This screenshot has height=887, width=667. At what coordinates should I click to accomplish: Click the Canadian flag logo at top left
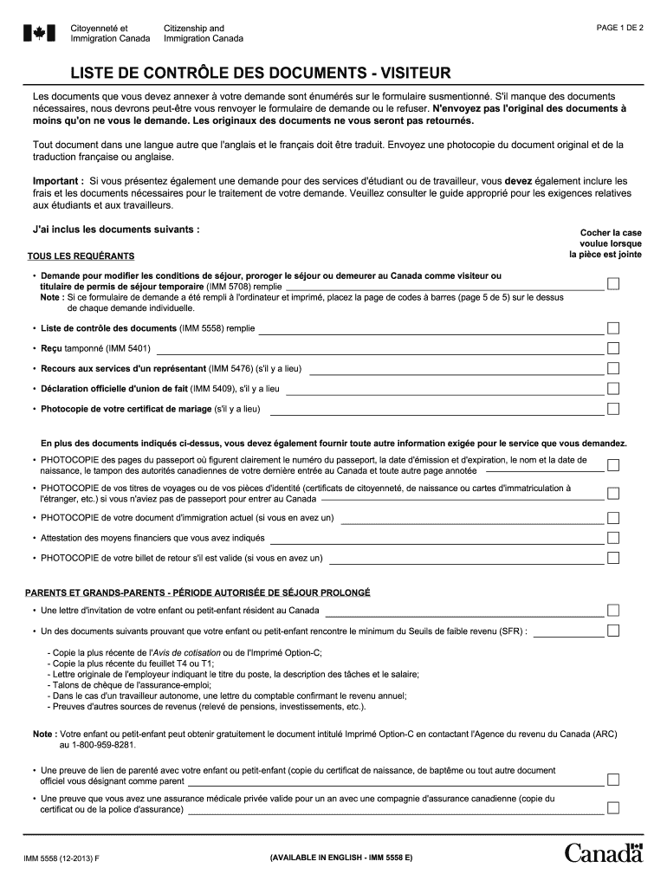[x=38, y=34]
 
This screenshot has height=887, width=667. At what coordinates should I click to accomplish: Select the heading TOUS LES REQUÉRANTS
[x=81, y=256]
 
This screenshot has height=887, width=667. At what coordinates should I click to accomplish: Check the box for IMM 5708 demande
[x=612, y=284]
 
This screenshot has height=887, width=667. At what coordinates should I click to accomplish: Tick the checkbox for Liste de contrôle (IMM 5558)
[x=612, y=328]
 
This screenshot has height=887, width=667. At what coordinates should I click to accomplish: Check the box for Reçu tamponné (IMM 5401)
[x=612, y=348]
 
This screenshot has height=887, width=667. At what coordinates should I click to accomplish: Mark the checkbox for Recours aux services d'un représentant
[x=612, y=368]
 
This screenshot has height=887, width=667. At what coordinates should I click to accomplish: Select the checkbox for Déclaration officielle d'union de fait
[x=612, y=388]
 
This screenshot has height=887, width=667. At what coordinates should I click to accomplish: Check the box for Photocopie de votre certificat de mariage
[x=612, y=408]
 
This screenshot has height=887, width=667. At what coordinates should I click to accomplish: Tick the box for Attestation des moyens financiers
[x=612, y=538]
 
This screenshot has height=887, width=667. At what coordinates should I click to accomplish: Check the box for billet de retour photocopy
[x=612, y=558]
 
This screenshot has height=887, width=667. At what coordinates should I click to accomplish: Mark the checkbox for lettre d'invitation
[x=612, y=610]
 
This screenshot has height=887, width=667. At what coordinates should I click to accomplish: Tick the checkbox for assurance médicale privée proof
[x=612, y=808]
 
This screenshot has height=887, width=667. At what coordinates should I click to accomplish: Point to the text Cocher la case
[x=611, y=233]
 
